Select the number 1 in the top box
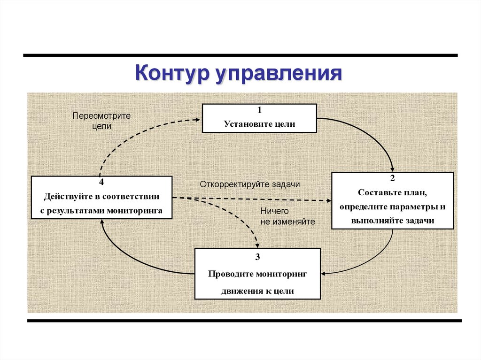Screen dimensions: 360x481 coord(259,110)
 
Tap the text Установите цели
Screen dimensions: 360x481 coord(259,124)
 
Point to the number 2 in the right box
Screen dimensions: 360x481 coord(392,178)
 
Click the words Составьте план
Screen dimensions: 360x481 coord(392,192)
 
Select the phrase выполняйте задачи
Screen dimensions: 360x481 coord(392,221)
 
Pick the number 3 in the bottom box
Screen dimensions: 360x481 coord(257,257)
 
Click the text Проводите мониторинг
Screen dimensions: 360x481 coord(257,274)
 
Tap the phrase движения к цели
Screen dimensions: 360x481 coord(257,291)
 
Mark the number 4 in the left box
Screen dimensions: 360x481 coord(101,182)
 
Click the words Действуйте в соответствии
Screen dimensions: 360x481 coord(101,196)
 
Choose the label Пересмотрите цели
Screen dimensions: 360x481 coord(101,121)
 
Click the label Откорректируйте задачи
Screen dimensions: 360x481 coord(249,184)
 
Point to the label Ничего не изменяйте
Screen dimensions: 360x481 coord(287,216)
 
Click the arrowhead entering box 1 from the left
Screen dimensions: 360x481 coord(199,120)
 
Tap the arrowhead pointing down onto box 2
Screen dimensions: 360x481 coord(393,169)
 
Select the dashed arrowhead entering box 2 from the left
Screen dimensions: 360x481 coord(328,200)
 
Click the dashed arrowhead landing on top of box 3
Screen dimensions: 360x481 coord(257,245)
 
